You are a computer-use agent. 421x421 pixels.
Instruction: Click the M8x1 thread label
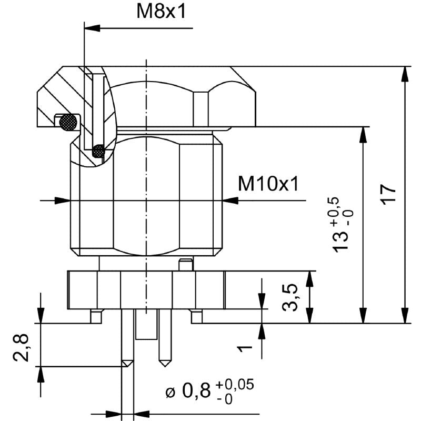pos(161,12)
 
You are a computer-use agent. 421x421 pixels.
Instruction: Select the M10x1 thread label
pos(268,184)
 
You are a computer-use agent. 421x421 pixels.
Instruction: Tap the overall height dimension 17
pos(387,196)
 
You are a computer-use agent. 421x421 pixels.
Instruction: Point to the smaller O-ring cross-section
pos(98,151)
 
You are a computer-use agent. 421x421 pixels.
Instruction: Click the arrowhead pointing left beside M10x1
pos(230,200)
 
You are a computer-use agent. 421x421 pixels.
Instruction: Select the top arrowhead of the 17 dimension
pos(405,74)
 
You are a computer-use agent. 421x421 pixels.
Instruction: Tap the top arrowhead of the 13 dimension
pos(362,135)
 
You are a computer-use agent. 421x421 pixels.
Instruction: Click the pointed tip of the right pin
pos(164,364)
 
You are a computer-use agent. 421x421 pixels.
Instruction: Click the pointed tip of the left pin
pos(126,364)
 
